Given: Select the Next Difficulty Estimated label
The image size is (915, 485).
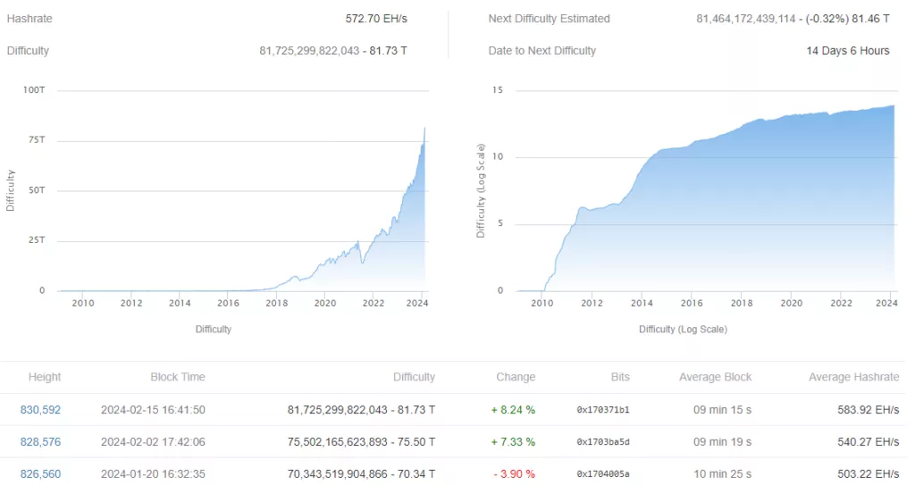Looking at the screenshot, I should click(x=549, y=19).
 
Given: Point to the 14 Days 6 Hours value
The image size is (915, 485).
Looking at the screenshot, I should click(x=847, y=51).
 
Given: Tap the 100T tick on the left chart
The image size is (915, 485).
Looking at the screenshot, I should click(x=35, y=91).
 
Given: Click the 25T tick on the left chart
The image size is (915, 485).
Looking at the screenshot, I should click(x=37, y=241).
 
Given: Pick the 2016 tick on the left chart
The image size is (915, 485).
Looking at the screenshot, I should click(x=228, y=303).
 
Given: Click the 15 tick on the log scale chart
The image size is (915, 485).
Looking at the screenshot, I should click(x=498, y=90).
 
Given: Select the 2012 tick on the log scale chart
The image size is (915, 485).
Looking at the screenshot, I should click(x=592, y=303).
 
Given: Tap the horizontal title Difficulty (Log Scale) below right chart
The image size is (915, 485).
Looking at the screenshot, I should click(x=683, y=330).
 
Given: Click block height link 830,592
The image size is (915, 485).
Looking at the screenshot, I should click(x=40, y=410).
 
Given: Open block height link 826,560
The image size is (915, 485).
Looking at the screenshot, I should click(x=40, y=474).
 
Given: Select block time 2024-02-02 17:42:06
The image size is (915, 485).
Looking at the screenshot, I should click(x=153, y=442).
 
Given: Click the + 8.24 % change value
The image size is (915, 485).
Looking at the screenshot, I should click(x=513, y=410).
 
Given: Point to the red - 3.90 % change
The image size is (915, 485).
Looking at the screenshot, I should click(x=513, y=474).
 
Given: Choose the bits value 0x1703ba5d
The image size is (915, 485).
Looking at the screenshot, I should click(x=603, y=442).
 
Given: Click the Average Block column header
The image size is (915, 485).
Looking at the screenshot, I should click(x=715, y=377).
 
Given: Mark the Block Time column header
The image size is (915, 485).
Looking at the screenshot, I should click(x=177, y=377).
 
